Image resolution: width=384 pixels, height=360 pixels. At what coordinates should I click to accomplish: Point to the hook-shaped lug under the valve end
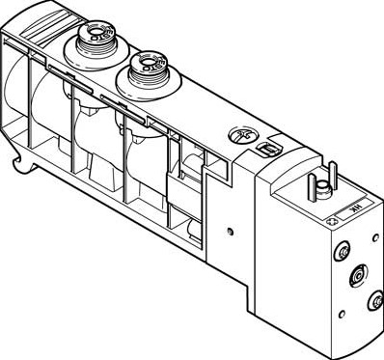[x=19, y=166]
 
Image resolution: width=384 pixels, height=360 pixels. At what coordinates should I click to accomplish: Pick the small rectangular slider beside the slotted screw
[x=265, y=150]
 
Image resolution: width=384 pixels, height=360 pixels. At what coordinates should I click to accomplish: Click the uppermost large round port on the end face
[x=340, y=253]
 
